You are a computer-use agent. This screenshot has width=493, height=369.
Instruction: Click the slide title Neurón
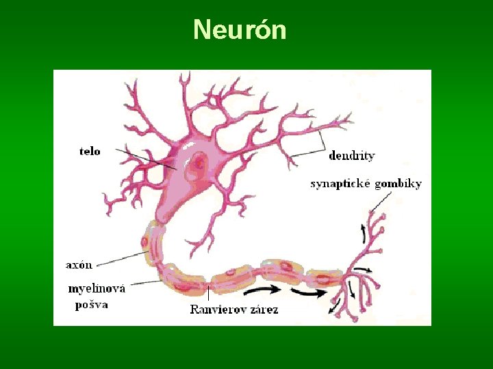pos(239,30)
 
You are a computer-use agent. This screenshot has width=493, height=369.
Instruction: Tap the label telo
pos(90,151)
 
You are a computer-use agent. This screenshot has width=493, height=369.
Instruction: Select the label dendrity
pos(352,156)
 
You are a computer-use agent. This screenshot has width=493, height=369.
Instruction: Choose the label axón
pos(79,264)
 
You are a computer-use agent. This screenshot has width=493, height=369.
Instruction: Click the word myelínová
pos(97,289)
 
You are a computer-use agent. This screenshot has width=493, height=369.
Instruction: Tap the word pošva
pos(92,305)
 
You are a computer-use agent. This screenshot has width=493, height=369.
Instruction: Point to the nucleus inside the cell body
pos(199,163)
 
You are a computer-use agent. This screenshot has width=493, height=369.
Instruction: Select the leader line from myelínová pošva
pos(144,282)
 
